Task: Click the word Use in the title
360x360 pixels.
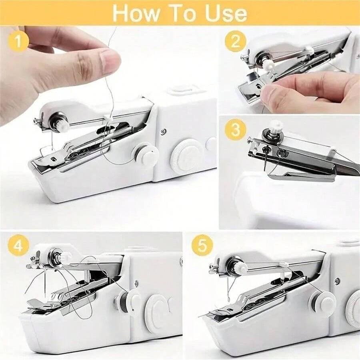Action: [226, 13]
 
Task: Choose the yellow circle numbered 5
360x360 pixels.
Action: [202, 246]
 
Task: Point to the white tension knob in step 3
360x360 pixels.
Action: [276, 128]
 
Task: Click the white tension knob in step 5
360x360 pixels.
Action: [241, 268]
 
